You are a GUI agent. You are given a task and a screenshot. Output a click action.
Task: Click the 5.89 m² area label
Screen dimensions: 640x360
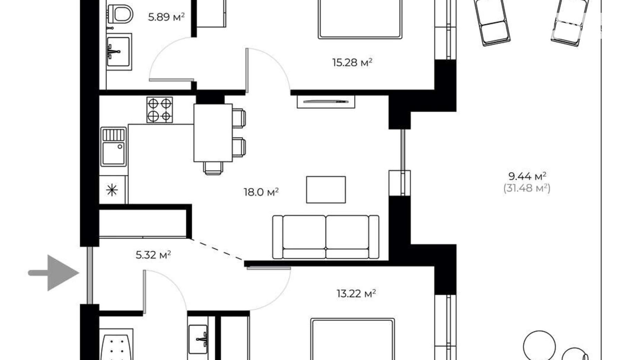pyautogui.click(x=166, y=17)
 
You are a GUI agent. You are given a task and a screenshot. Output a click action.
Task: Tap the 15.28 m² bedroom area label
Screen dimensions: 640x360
pyautogui.click(x=352, y=62)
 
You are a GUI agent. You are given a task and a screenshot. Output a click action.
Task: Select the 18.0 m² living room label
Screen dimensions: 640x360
pyautogui.click(x=261, y=192)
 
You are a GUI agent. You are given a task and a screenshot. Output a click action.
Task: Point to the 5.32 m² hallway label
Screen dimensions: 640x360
pyautogui.click(x=153, y=255)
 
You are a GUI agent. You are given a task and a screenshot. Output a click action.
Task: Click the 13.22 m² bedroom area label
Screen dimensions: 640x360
pyautogui.click(x=356, y=294)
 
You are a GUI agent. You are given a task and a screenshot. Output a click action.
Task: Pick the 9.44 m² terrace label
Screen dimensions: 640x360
pyautogui.click(x=527, y=176)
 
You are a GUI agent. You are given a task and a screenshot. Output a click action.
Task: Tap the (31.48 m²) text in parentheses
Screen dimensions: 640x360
pyautogui.click(x=527, y=188)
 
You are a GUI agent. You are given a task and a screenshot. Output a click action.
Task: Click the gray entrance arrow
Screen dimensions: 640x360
pyautogui.click(x=54, y=273)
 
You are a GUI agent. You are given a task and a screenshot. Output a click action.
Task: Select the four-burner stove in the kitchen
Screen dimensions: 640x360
pyautogui.click(x=159, y=110)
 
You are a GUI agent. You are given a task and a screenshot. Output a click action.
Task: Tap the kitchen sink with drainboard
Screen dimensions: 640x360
pyautogui.click(x=113, y=147)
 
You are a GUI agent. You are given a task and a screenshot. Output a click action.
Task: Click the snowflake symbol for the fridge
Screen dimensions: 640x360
pyautogui.click(x=112, y=190)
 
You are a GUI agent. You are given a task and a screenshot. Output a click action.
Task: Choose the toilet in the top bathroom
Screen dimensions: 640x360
pyautogui.click(x=120, y=14)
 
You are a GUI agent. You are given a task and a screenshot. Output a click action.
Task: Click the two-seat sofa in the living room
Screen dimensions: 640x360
pyautogui.click(x=326, y=237)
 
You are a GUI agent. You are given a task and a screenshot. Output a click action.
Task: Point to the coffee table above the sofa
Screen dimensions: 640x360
pyautogui.click(x=326, y=190)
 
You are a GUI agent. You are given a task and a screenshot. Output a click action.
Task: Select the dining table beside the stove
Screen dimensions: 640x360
pyautogui.click(x=213, y=133)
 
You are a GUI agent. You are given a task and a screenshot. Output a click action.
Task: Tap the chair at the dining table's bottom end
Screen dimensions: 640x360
pyautogui.click(x=213, y=168)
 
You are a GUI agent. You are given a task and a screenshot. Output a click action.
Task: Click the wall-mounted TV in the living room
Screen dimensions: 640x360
pyautogui.click(x=326, y=102)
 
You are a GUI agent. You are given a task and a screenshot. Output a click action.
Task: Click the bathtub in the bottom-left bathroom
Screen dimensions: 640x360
pyautogui.click(x=116, y=345)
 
